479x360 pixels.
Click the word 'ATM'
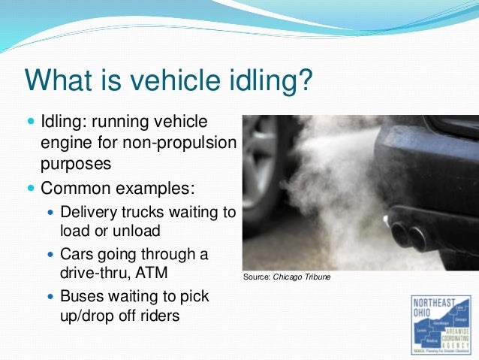152,274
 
